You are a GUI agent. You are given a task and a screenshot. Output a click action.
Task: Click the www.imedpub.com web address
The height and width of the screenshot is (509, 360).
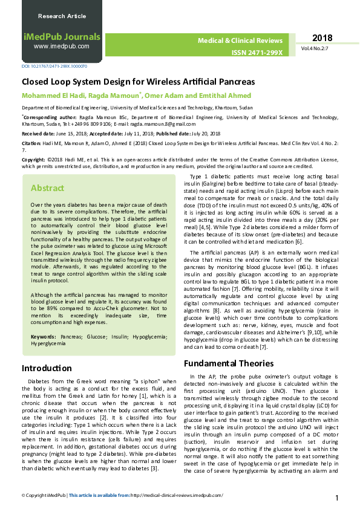pos(61,46)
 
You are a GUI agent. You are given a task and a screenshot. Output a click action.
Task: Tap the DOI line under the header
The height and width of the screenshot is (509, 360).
pos(54,66)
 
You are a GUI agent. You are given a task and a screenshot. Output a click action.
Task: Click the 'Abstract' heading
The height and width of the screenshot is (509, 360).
pos(47,188)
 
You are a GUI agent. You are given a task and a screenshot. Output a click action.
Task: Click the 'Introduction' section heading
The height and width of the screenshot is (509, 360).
pos(47,368)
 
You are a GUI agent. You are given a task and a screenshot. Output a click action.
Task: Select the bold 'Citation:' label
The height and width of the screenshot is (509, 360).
pos(32,143)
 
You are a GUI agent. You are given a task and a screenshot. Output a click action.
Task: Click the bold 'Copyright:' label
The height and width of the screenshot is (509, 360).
pos(34,160)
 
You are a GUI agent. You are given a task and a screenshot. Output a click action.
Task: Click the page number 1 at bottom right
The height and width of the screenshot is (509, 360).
pos(336,498)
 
